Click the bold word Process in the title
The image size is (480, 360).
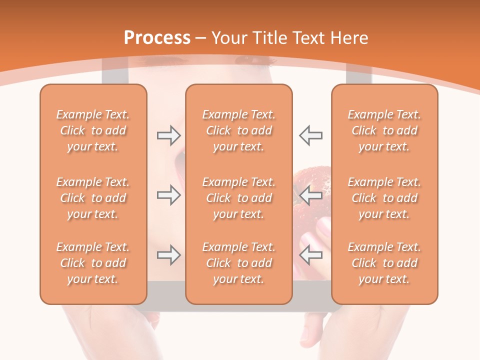pyautogui.click(x=157, y=38)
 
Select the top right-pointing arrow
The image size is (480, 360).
pyautogui.click(x=169, y=135)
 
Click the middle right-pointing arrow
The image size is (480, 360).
pyautogui.click(x=169, y=195)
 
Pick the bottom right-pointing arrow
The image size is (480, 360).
pyautogui.click(x=169, y=255)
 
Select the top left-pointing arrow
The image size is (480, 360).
pyautogui.click(x=310, y=135)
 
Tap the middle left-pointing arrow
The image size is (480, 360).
pyautogui.click(x=310, y=195)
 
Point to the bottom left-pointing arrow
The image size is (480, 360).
pyautogui.click(x=310, y=255)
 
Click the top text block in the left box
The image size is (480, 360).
pyautogui.click(x=93, y=130)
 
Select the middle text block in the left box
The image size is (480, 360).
pyautogui.click(x=93, y=198)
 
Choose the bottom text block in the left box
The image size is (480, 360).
pyautogui.click(x=93, y=263)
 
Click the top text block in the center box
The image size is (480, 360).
pyautogui.click(x=238, y=130)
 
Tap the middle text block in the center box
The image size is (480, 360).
pyautogui.click(x=238, y=198)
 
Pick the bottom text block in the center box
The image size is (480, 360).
pyautogui.click(x=238, y=263)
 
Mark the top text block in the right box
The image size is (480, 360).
pyautogui.click(x=384, y=130)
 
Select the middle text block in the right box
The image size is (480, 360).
pyautogui.click(x=384, y=198)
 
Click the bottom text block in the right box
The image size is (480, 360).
pyautogui.click(x=384, y=263)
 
